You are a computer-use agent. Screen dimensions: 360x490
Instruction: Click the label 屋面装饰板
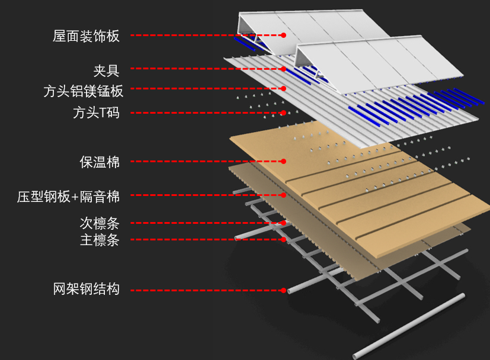(86, 36)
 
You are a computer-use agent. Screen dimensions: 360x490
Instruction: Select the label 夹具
(107, 70)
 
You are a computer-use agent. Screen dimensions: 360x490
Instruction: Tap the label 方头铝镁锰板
(84, 91)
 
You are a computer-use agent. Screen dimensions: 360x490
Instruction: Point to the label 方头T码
(96, 112)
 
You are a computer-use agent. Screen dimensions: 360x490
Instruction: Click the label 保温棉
(100, 162)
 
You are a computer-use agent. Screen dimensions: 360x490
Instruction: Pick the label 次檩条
(100, 223)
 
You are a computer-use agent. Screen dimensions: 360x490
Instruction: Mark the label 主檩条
(100, 240)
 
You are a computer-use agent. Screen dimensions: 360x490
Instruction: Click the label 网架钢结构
(86, 290)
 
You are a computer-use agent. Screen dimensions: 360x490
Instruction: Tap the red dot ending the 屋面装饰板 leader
(284, 36)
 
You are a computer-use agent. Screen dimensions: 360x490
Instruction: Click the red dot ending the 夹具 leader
(284, 69)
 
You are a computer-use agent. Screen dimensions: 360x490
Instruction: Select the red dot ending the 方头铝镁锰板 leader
(284, 89)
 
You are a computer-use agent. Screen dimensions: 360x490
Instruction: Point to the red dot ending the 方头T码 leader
(284, 112)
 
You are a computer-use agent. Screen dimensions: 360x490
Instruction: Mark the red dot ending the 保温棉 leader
(284, 161)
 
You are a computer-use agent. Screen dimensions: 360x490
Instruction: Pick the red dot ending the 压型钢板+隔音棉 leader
(284, 195)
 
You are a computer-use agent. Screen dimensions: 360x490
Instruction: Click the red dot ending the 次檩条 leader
(284, 223)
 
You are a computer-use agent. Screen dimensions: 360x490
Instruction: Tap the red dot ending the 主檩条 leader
(284, 239)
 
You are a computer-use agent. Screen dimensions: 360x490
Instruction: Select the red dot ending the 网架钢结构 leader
(284, 290)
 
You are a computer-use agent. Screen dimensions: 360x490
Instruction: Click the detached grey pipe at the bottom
(409, 326)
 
